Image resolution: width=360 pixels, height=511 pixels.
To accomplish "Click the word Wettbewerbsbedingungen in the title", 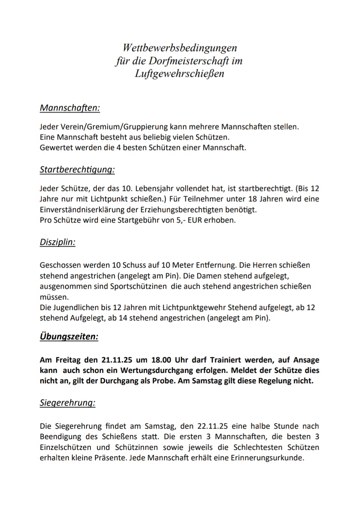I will click(x=180, y=48).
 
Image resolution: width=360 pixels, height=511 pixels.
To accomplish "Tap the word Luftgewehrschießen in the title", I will click(x=179, y=73).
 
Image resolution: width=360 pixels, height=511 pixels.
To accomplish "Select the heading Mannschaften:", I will click(x=70, y=108).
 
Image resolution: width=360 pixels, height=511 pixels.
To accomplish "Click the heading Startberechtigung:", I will click(x=77, y=170).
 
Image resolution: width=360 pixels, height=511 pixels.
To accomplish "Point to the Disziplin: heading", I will click(x=58, y=242).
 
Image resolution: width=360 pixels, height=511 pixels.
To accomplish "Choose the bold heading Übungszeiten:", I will click(x=69, y=337).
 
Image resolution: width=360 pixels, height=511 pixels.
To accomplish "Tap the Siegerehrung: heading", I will click(x=67, y=403).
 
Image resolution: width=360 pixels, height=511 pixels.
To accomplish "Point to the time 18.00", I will click(x=161, y=360).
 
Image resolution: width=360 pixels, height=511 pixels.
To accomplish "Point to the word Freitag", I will click(x=69, y=360).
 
